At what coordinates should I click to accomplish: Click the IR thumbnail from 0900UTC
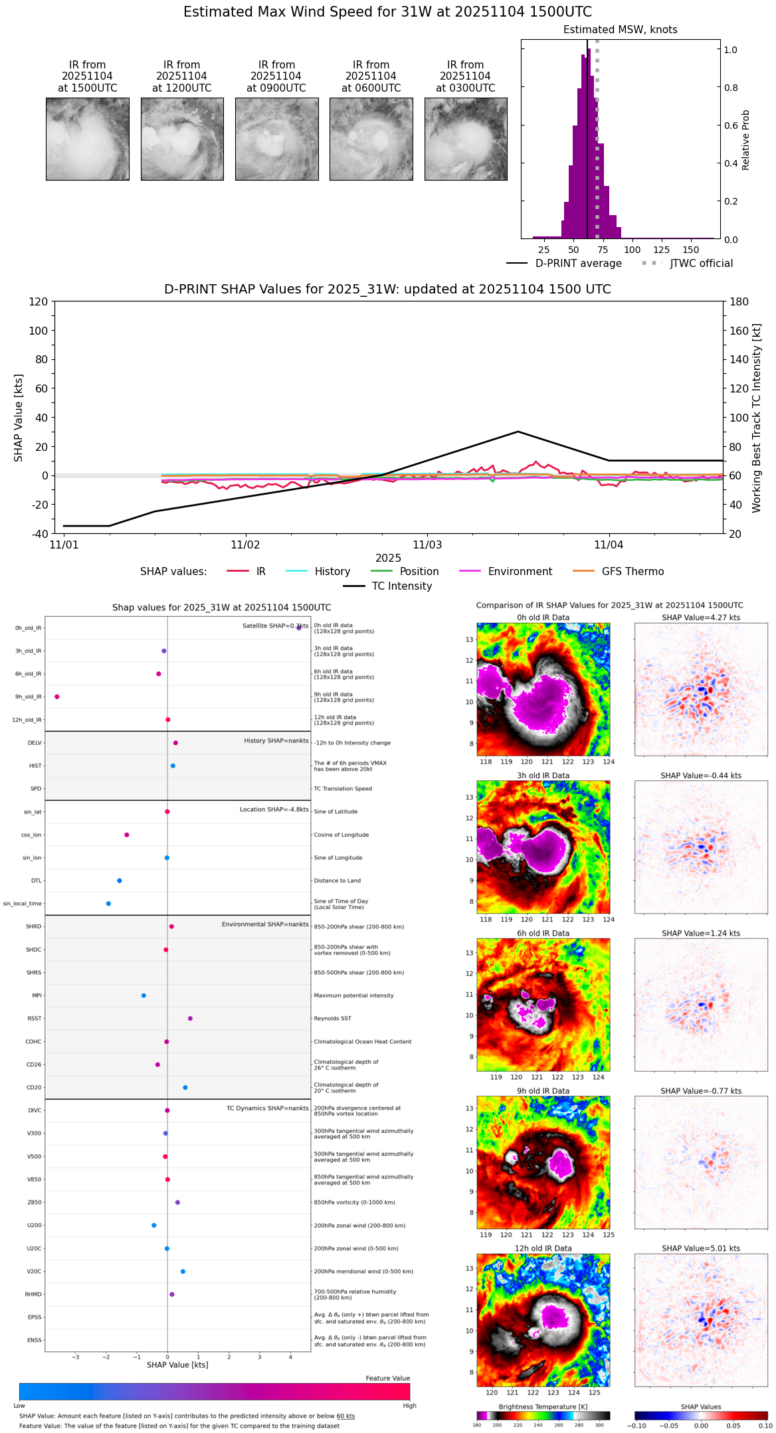pyautogui.click(x=276, y=139)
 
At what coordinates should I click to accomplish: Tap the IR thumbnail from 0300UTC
pyautogui.click(x=466, y=139)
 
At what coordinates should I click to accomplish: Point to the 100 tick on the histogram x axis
pyautogui.click(x=632, y=250)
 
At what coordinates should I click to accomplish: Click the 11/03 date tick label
pyautogui.click(x=427, y=545)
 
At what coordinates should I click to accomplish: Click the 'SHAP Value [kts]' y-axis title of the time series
pyautogui.click(x=19, y=418)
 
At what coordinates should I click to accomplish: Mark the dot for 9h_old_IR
pyautogui.click(x=57, y=697)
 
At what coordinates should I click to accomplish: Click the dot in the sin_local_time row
pyautogui.click(x=108, y=904)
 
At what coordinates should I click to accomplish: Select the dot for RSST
pyautogui.click(x=190, y=1019)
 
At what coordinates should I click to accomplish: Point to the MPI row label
pyautogui.click(x=37, y=995)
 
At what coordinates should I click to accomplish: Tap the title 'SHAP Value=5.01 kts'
pyautogui.click(x=701, y=1248)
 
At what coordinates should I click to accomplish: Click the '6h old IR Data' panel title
pyautogui.click(x=543, y=933)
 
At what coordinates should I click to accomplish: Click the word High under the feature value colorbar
pyautogui.click(x=409, y=1405)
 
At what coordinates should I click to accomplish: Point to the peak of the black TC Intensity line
pyautogui.click(x=518, y=432)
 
